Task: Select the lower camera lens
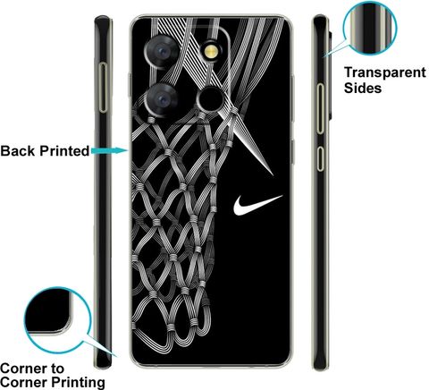[163, 99]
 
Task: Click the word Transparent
[385, 72]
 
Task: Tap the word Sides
[363, 88]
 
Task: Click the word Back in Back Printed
[18, 151]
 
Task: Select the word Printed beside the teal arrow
[64, 151]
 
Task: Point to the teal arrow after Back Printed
[110, 150]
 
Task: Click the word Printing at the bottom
[78, 383]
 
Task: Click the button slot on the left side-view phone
[103, 88]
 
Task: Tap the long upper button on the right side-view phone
[320, 108]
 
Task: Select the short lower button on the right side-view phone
[320, 158]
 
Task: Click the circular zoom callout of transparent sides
[370, 28]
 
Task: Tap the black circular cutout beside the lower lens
[210, 99]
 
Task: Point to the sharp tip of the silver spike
[273, 174]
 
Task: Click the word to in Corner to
[55, 369]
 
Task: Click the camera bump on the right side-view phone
[330, 74]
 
